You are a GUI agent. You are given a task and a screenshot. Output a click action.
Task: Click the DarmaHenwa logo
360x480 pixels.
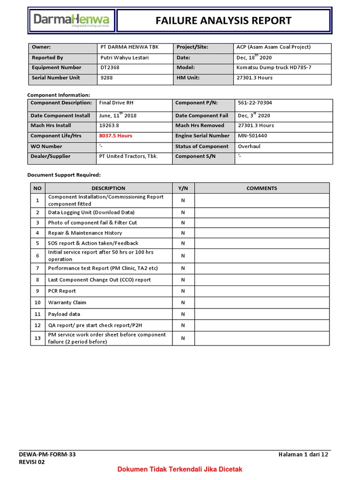[x=72, y=21]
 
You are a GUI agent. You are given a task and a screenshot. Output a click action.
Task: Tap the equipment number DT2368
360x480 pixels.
[x=110, y=67]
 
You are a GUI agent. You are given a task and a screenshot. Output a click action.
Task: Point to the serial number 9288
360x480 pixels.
[x=107, y=78]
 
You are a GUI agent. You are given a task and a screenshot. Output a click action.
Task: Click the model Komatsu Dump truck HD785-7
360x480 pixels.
[x=274, y=67]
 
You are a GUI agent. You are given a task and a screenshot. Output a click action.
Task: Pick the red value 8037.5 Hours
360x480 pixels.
[x=116, y=136]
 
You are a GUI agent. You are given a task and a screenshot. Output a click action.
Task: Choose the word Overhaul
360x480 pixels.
[x=250, y=146]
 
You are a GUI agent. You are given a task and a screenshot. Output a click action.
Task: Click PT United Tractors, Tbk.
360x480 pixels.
[x=128, y=157]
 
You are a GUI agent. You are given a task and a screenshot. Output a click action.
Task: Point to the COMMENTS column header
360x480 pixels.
[x=262, y=188]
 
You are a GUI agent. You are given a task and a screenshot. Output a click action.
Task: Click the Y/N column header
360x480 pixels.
[x=183, y=188]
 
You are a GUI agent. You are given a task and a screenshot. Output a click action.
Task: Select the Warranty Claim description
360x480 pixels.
[x=67, y=303]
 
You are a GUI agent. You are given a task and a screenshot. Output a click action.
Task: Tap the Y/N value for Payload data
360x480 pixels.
[x=183, y=314]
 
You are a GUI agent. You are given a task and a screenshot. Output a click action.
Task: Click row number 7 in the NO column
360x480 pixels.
[x=37, y=269]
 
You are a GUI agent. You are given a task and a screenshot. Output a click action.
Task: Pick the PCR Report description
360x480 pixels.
[x=62, y=291]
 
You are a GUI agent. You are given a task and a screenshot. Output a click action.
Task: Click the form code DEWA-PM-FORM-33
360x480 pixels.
[x=47, y=454]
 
